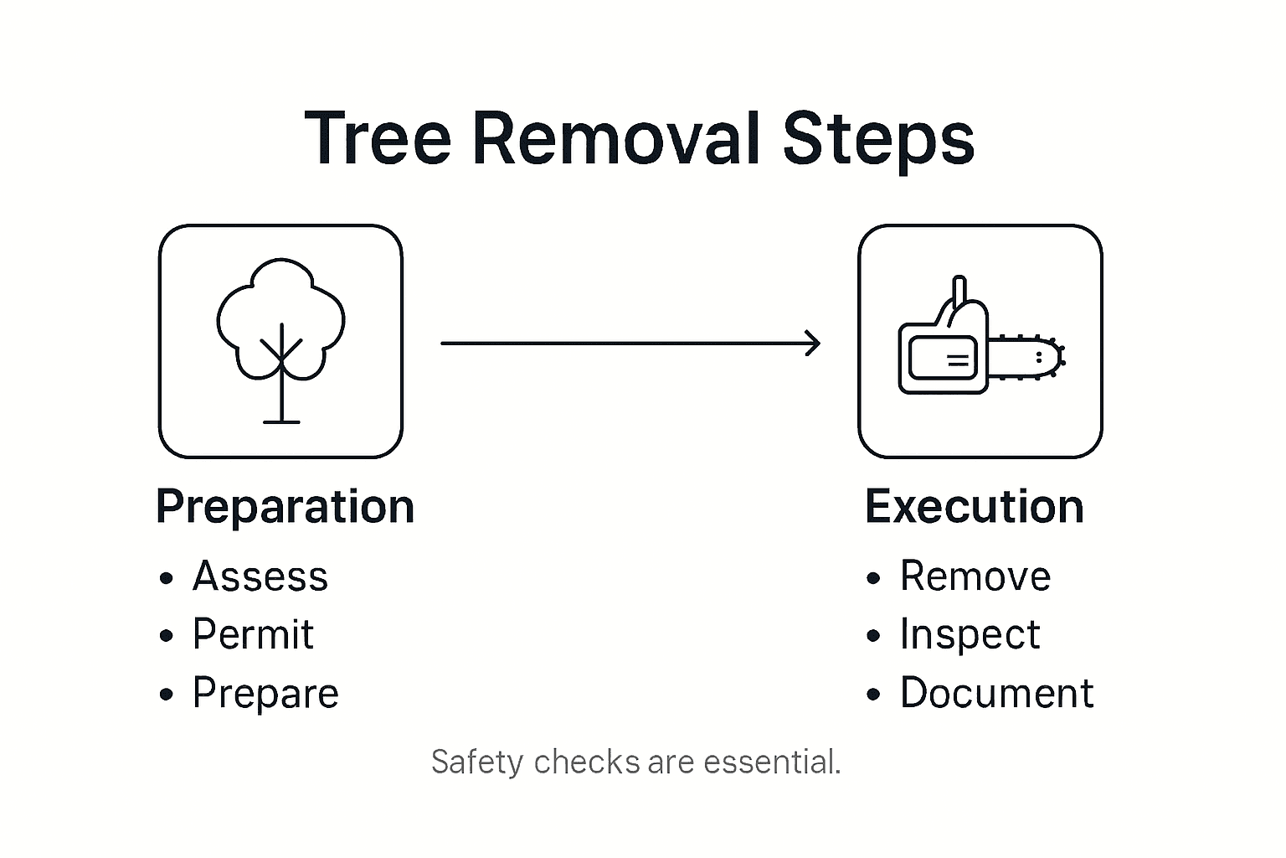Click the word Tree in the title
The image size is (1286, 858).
pyautogui.click(x=378, y=139)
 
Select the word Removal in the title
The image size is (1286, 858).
pyautogui.click(x=616, y=139)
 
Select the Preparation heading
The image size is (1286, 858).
pyautogui.click(x=285, y=507)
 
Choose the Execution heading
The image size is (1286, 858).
pyautogui.click(x=974, y=507)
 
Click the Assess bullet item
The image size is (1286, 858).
pyautogui.click(x=260, y=576)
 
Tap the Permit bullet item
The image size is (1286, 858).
pyautogui.click(x=253, y=634)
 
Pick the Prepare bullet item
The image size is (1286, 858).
pyautogui.click(x=265, y=694)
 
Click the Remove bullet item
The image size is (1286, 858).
pyautogui.click(x=975, y=576)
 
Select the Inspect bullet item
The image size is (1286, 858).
pyautogui.click(x=970, y=634)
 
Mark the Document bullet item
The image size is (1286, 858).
pyautogui.click(x=996, y=694)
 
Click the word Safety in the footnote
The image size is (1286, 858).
pyautogui.click(x=476, y=762)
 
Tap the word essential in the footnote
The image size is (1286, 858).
pyautogui.click(x=771, y=762)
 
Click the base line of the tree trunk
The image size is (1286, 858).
pyautogui.click(x=281, y=421)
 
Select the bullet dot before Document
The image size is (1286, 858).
pyautogui.click(x=874, y=695)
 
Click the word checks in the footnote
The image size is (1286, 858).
pyautogui.click(x=587, y=762)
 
